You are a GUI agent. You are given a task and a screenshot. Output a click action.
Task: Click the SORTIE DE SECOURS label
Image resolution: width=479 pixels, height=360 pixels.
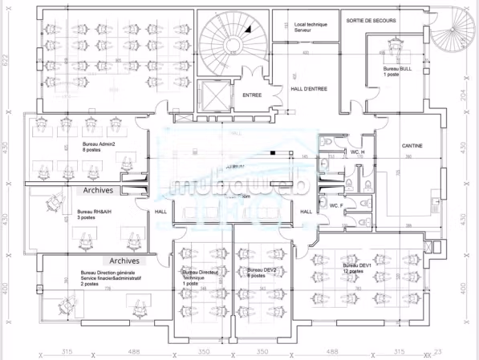[x=371, y=20]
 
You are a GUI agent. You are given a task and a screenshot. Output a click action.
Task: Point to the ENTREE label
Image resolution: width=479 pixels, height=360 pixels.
[x=252, y=95]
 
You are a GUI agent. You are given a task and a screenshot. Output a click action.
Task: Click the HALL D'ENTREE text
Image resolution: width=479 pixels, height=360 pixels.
[x=308, y=89]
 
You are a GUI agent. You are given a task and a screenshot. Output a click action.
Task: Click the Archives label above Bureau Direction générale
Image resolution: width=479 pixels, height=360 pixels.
[x=124, y=261]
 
